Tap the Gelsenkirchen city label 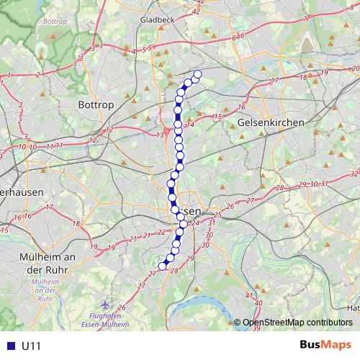[270, 123]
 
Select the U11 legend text [31, 346]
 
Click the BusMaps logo [325, 345]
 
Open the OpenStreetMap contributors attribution [297, 322]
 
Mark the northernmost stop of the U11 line [197, 74]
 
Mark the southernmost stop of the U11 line [162, 266]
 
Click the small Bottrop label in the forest [55, 22]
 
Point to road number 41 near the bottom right [248, 296]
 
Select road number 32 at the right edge [354, 174]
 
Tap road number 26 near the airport [122, 307]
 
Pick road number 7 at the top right [305, 18]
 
